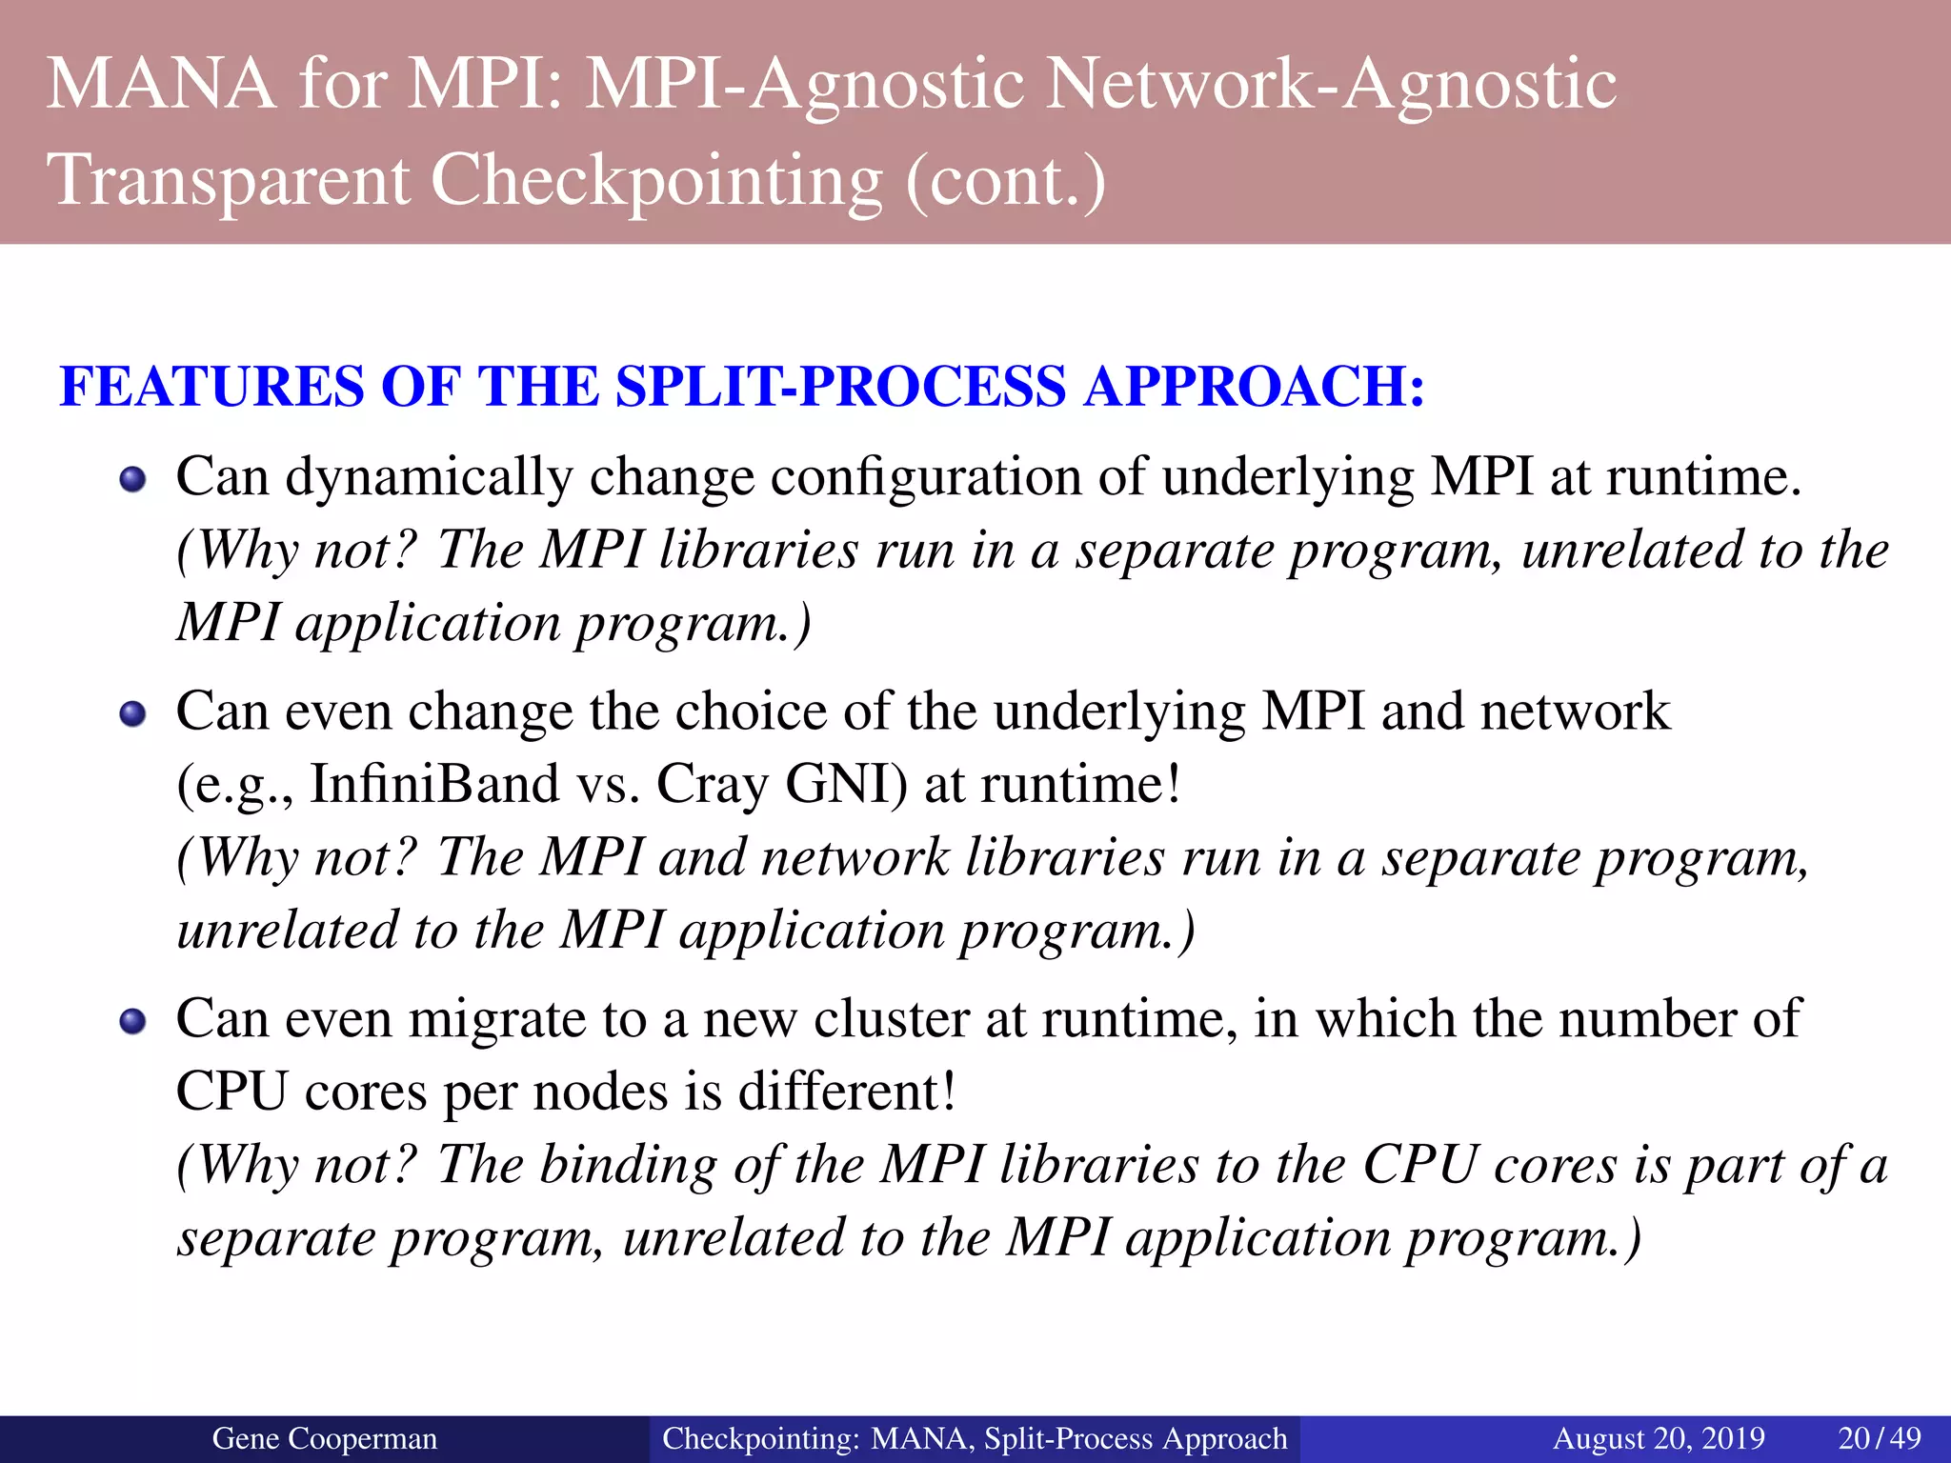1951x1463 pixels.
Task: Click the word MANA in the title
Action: coord(162,85)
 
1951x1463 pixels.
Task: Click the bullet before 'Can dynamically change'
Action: coord(132,478)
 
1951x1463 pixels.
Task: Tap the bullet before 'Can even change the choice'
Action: coord(132,713)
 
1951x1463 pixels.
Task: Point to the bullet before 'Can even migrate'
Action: coord(132,1021)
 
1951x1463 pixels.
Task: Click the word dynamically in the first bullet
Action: coord(429,477)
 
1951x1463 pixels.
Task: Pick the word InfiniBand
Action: coord(434,785)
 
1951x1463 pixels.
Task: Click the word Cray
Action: coord(712,785)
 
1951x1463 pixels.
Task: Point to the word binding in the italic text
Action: coord(628,1166)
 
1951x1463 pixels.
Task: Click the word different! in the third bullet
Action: coord(847,1092)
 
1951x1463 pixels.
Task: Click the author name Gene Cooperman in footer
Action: coord(324,1438)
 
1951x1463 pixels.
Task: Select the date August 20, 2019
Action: coord(1659,1438)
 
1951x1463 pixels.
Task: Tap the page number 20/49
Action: coord(1879,1438)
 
